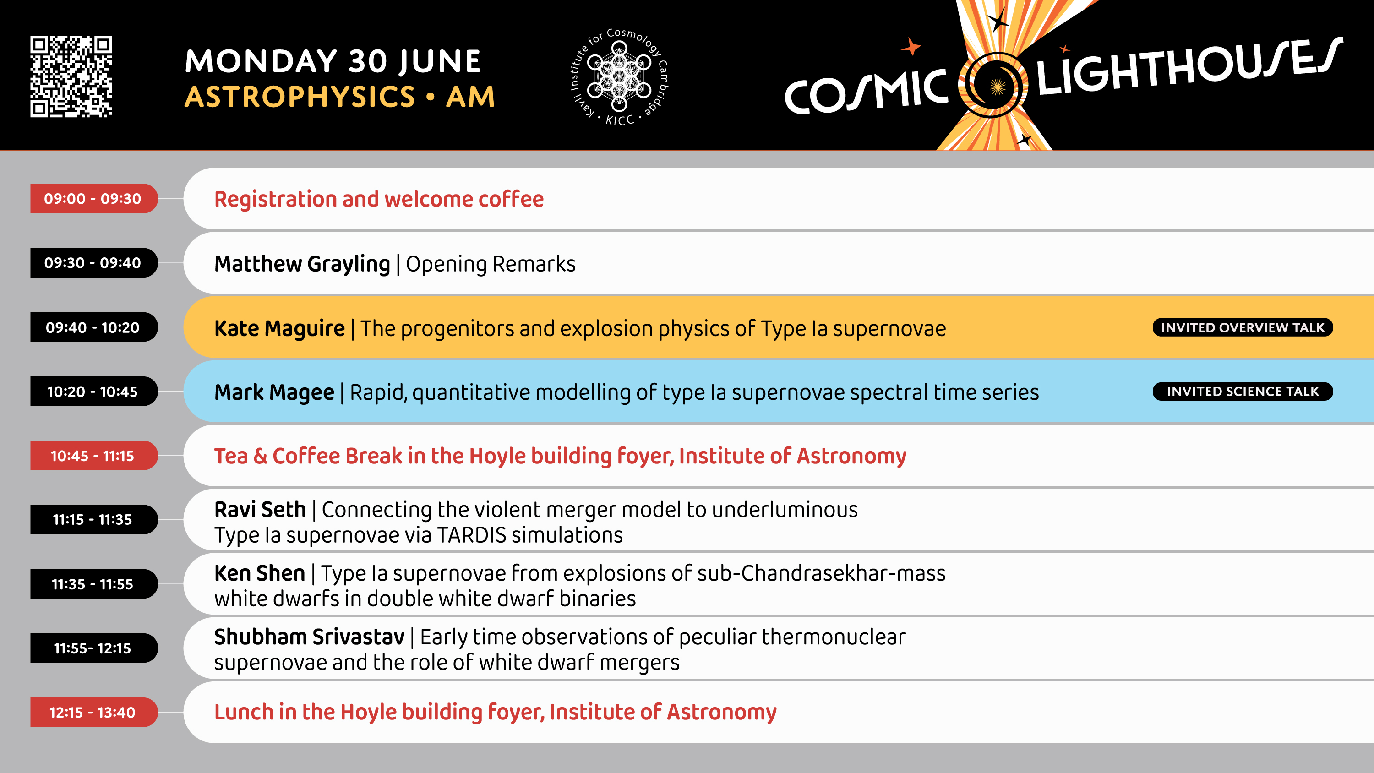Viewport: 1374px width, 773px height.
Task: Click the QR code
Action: [71, 76]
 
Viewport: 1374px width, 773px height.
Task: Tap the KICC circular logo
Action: [619, 77]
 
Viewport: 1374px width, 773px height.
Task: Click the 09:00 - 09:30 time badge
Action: [94, 198]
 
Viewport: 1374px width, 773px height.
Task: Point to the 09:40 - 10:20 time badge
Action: [94, 327]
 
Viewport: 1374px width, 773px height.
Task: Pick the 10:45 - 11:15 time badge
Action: [94, 456]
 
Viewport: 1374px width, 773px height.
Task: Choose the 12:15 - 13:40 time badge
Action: [94, 712]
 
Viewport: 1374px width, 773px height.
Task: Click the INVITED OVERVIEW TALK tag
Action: [1243, 327]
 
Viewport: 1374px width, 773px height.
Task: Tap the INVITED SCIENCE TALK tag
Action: [1243, 392]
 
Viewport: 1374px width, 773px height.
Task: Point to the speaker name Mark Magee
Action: [274, 392]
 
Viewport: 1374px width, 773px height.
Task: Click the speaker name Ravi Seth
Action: [260, 510]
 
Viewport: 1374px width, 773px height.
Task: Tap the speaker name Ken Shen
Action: [260, 573]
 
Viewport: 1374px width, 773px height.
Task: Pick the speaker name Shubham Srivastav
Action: [309, 637]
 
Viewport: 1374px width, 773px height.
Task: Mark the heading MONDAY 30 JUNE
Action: [333, 61]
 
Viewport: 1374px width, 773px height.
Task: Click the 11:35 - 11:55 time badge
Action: [94, 583]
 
